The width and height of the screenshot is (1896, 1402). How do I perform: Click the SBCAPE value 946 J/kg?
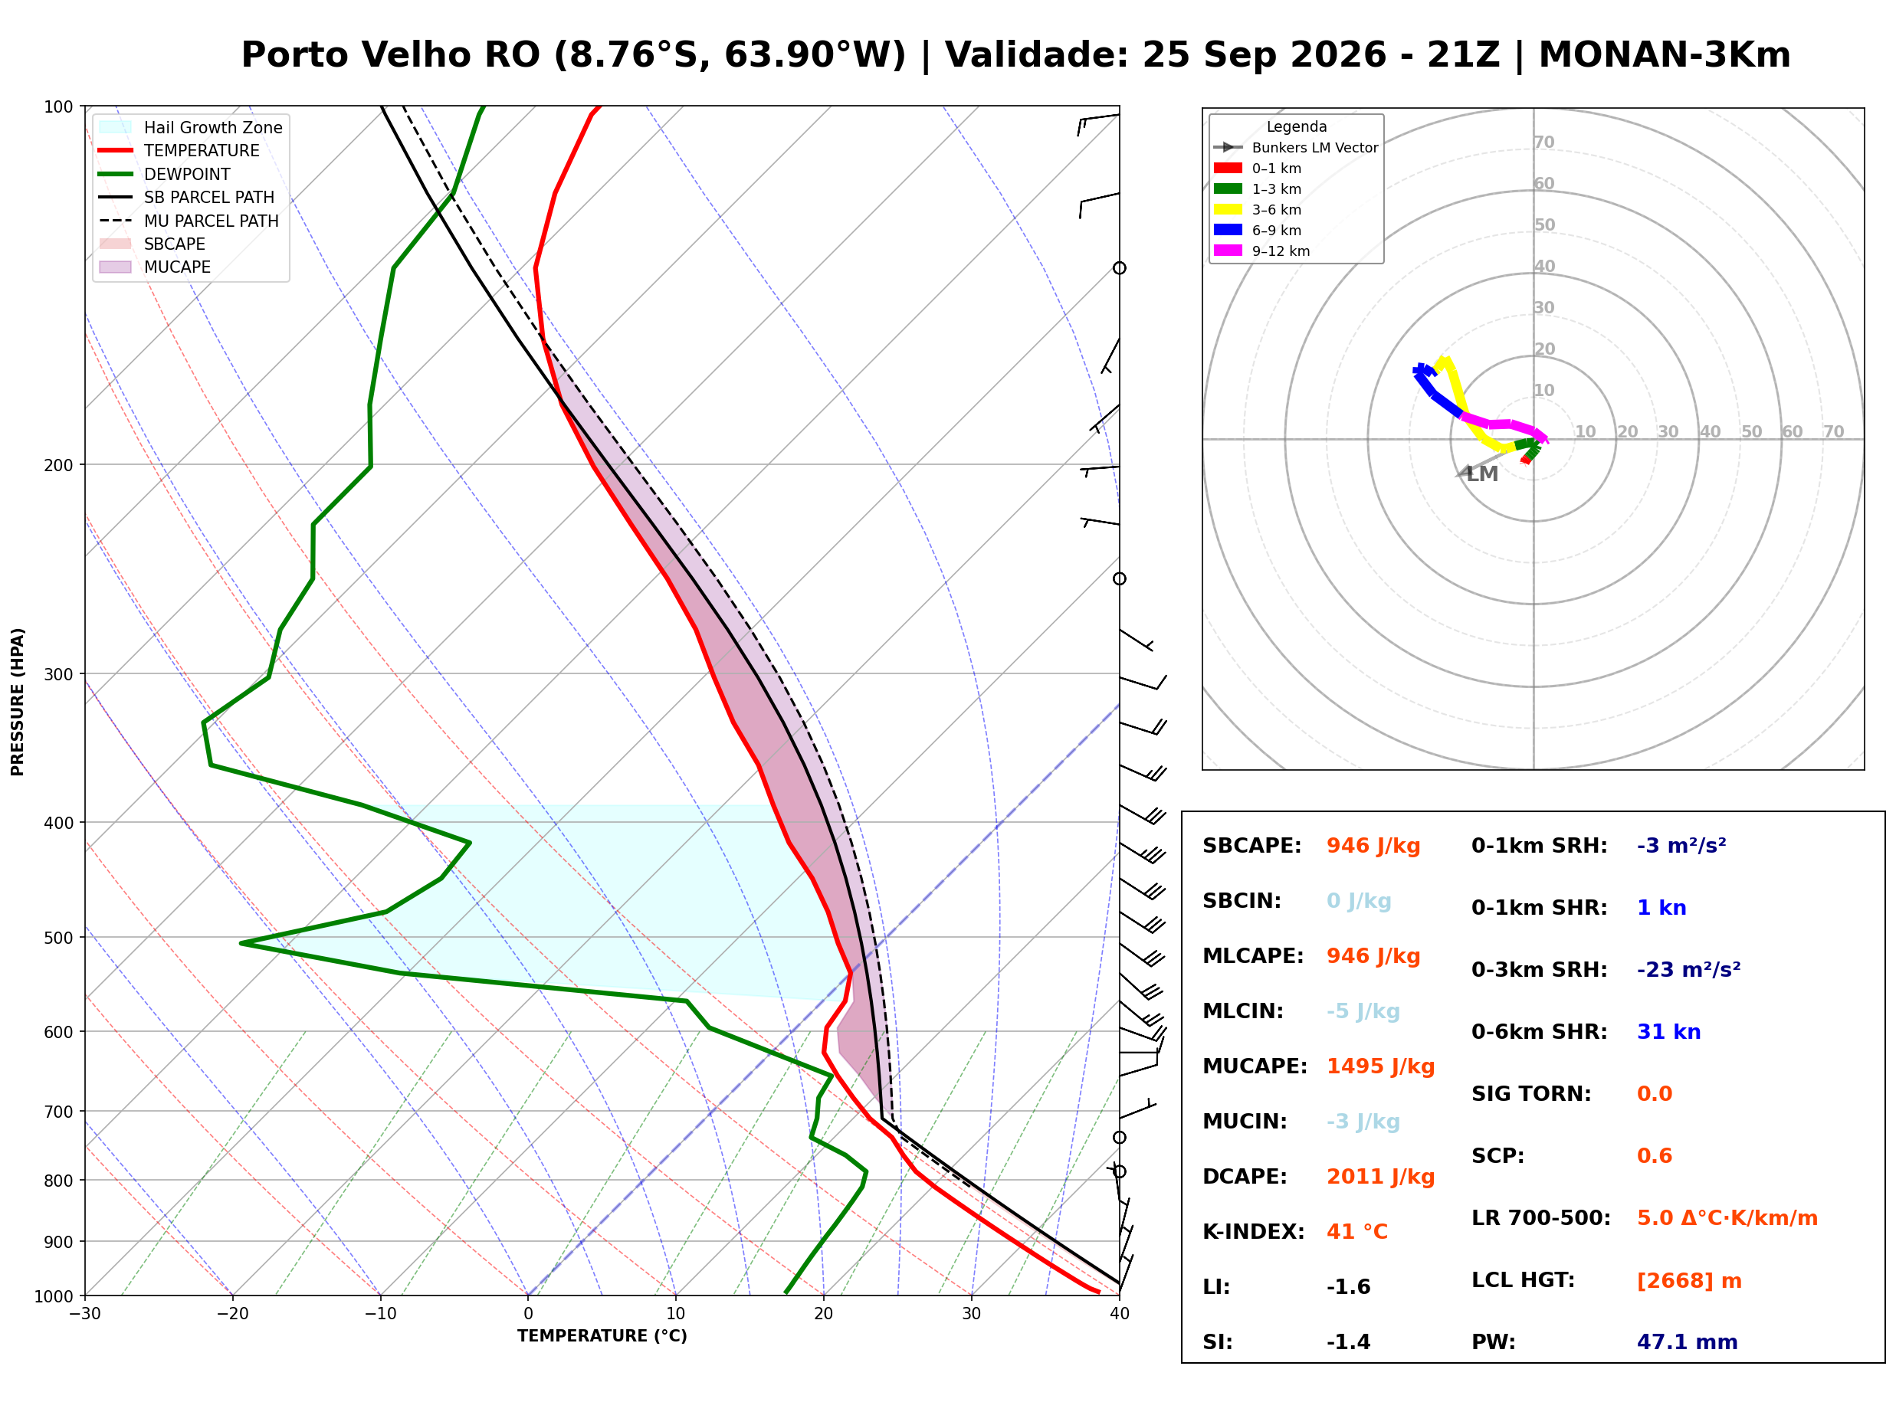coord(1373,846)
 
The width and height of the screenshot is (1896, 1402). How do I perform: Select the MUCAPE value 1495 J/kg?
coord(1381,1066)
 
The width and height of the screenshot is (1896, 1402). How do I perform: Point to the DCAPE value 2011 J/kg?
coord(1381,1177)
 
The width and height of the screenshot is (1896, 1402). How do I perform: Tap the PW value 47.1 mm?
coord(1688,1342)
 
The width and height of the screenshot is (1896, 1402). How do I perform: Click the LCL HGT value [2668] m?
coord(1689,1281)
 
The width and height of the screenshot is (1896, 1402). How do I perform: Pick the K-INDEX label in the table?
coord(1254,1232)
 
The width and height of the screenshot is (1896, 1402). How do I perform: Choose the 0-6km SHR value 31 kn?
coord(1668,1032)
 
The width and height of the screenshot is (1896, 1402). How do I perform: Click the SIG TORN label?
coord(1531,1094)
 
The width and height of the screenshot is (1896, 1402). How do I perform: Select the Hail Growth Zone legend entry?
coord(191,127)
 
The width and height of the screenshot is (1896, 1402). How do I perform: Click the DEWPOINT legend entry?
coord(165,174)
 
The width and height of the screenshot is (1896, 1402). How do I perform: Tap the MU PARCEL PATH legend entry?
coord(189,221)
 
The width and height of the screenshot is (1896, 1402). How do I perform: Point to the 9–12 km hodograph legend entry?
coord(1262,251)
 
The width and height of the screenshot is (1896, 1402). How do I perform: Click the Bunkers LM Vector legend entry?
coord(1296,148)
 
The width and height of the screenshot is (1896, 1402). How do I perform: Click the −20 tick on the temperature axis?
coord(232,1314)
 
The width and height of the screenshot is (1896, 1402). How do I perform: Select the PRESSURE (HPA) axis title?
coord(18,702)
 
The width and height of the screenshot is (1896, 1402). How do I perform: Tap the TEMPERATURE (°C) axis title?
coord(602,1337)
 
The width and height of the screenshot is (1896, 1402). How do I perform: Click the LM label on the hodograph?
coord(1482,474)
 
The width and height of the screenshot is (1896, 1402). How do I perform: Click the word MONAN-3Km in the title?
coord(1665,55)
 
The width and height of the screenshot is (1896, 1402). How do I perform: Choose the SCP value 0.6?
coord(1654,1156)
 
